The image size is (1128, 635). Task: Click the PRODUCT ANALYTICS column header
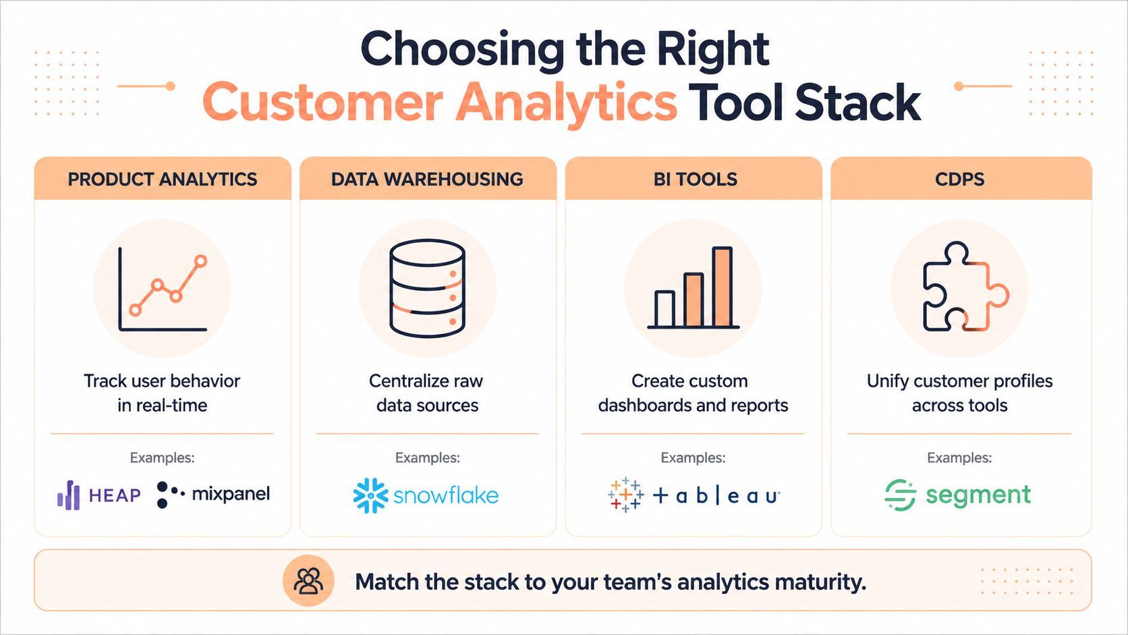tap(162, 180)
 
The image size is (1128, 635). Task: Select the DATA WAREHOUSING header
tap(427, 180)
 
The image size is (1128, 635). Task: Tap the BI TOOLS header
tap(695, 180)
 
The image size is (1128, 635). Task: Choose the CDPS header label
tap(960, 180)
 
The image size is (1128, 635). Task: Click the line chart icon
tap(162, 289)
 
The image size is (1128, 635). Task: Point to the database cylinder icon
tap(428, 288)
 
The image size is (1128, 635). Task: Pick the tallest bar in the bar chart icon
tap(722, 287)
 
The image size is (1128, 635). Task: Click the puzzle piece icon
tap(966, 286)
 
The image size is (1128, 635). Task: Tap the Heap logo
tap(98, 495)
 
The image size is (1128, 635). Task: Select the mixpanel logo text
tap(231, 494)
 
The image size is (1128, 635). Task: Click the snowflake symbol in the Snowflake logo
tap(370, 495)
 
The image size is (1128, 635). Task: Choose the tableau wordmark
tap(716, 496)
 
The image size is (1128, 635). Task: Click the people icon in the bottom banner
tap(308, 580)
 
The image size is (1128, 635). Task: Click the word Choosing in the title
tap(461, 49)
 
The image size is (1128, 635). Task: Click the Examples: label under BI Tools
tap(693, 458)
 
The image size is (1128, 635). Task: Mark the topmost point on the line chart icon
tap(201, 261)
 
